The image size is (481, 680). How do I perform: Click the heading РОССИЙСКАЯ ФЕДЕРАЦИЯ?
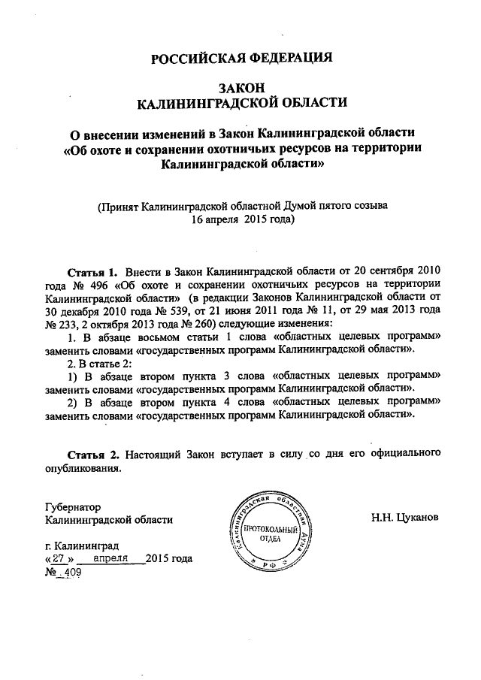point(241,59)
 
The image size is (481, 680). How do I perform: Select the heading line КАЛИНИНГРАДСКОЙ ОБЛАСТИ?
point(240,101)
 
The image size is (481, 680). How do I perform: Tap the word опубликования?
point(83,468)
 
